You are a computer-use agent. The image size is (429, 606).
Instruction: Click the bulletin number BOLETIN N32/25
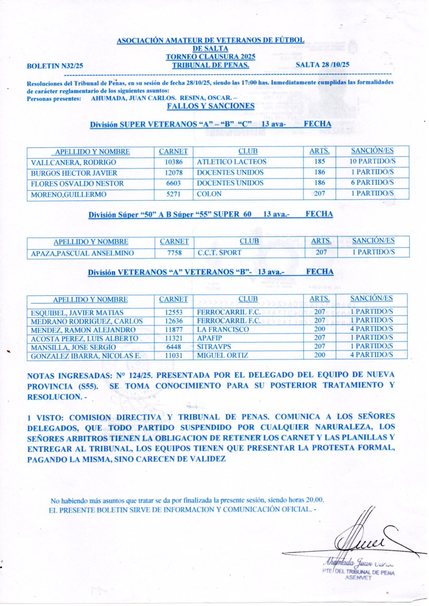click(55, 66)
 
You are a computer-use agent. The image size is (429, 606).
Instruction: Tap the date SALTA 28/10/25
click(322, 65)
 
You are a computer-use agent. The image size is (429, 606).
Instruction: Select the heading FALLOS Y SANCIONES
click(210, 106)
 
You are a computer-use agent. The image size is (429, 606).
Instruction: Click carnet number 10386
click(174, 162)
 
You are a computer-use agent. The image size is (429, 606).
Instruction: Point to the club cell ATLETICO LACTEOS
click(232, 162)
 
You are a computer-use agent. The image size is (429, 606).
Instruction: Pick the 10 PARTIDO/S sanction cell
click(372, 161)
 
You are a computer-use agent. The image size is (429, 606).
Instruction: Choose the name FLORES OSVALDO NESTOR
click(77, 183)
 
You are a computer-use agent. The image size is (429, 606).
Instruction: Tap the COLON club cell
click(209, 194)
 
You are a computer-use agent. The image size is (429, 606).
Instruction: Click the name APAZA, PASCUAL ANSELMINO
click(82, 253)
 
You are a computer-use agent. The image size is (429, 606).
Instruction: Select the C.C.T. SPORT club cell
click(219, 252)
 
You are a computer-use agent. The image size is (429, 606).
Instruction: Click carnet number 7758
click(174, 253)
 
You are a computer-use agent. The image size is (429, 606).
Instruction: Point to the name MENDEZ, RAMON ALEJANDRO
click(83, 330)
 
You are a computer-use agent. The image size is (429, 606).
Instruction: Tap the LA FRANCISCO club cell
click(223, 329)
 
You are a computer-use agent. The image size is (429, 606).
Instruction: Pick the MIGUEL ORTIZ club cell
click(223, 355)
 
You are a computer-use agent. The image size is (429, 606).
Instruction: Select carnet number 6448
click(174, 347)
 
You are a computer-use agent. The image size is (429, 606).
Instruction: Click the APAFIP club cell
click(210, 338)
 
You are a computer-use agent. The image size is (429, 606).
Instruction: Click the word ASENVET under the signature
click(358, 578)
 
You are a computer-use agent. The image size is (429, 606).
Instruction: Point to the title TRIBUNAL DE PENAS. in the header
click(210, 65)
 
